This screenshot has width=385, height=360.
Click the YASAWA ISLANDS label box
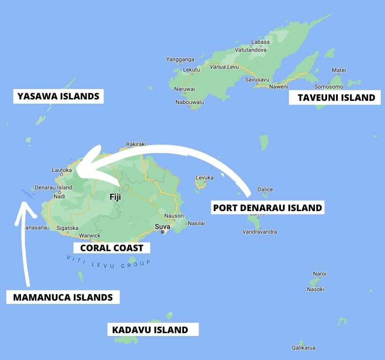58,97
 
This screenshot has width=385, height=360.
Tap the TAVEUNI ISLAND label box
336,98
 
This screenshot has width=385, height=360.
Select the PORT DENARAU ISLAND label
267,207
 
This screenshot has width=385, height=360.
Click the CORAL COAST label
112,248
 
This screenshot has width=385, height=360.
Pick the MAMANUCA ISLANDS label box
63,297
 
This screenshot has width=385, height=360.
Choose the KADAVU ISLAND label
150,330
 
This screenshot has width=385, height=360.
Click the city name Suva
162,226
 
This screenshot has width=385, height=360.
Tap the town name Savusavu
257,80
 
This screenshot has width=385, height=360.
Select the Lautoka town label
62,170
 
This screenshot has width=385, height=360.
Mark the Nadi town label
60,196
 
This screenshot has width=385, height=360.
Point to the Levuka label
204,178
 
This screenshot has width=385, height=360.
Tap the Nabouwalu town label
190,102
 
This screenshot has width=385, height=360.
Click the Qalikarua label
303,348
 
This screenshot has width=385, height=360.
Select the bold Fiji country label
115,197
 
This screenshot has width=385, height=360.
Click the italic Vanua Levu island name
225,67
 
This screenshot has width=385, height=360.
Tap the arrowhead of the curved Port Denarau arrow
80,163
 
